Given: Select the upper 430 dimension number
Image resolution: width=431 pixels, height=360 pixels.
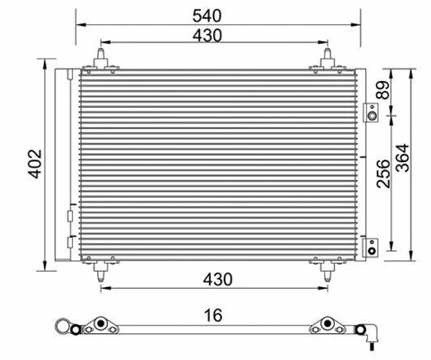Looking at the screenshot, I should point(210,34).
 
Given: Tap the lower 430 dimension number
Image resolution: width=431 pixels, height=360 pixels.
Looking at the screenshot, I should point(210,281).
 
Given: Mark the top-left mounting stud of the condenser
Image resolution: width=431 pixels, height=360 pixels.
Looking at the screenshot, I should point(101,61).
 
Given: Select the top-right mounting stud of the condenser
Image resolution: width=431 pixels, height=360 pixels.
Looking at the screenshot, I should point(321,61).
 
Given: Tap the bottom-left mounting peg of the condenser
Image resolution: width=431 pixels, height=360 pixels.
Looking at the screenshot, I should point(101,264).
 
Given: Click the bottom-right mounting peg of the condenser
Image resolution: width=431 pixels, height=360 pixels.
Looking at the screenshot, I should point(321,264).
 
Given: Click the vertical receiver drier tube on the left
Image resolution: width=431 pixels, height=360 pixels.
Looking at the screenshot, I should point(65,166).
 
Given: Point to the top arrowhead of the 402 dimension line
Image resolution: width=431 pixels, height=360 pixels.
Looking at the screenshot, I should point(45,68).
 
